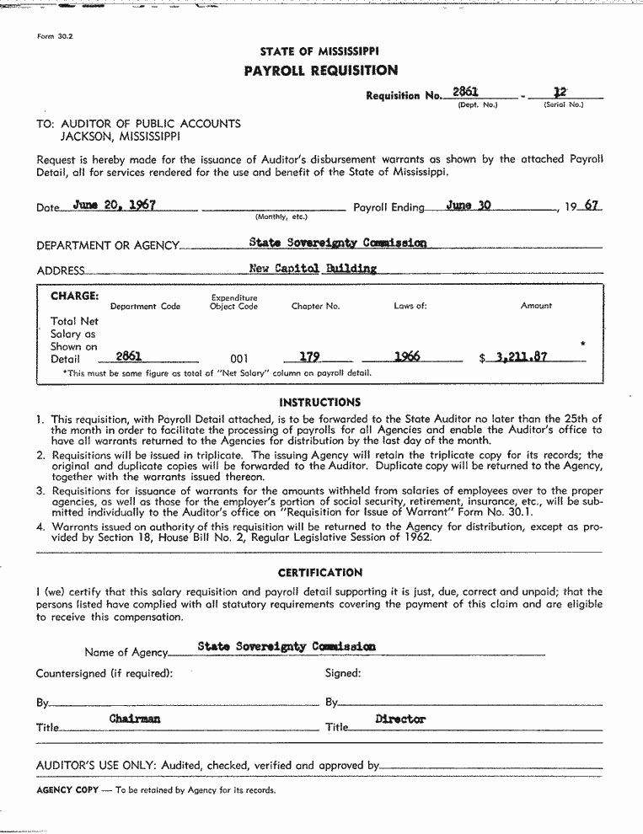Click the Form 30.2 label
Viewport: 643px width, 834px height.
pyautogui.click(x=56, y=37)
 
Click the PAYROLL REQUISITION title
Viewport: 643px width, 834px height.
pyautogui.click(x=320, y=71)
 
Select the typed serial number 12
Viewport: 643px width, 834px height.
pyautogui.click(x=560, y=91)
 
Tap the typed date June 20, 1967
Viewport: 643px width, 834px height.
pyautogui.click(x=114, y=205)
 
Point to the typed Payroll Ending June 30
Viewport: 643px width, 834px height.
pyautogui.click(x=469, y=205)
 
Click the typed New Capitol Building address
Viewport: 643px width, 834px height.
pyautogui.click(x=313, y=269)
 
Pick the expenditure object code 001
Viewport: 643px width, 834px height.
pyautogui.click(x=239, y=358)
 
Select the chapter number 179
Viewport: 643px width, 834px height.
pyautogui.click(x=309, y=357)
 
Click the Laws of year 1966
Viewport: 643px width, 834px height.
pyautogui.click(x=407, y=356)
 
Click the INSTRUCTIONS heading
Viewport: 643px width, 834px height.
pyautogui.click(x=319, y=403)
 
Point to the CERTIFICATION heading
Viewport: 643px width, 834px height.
pyautogui.click(x=320, y=573)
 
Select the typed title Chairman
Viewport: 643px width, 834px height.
pyautogui.click(x=135, y=719)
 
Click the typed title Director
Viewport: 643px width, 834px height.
pyautogui.click(x=400, y=719)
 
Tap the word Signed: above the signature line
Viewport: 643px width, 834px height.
pyautogui.click(x=343, y=673)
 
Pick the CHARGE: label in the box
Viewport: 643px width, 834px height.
pyautogui.click(x=74, y=297)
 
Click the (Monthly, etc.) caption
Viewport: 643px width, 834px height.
pyautogui.click(x=281, y=217)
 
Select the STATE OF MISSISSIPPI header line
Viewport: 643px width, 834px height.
pyautogui.click(x=319, y=51)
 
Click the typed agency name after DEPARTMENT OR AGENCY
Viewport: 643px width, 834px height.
pyautogui.click(x=337, y=243)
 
